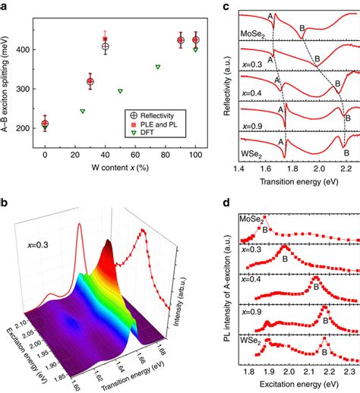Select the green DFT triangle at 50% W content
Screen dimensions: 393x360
[120, 91]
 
